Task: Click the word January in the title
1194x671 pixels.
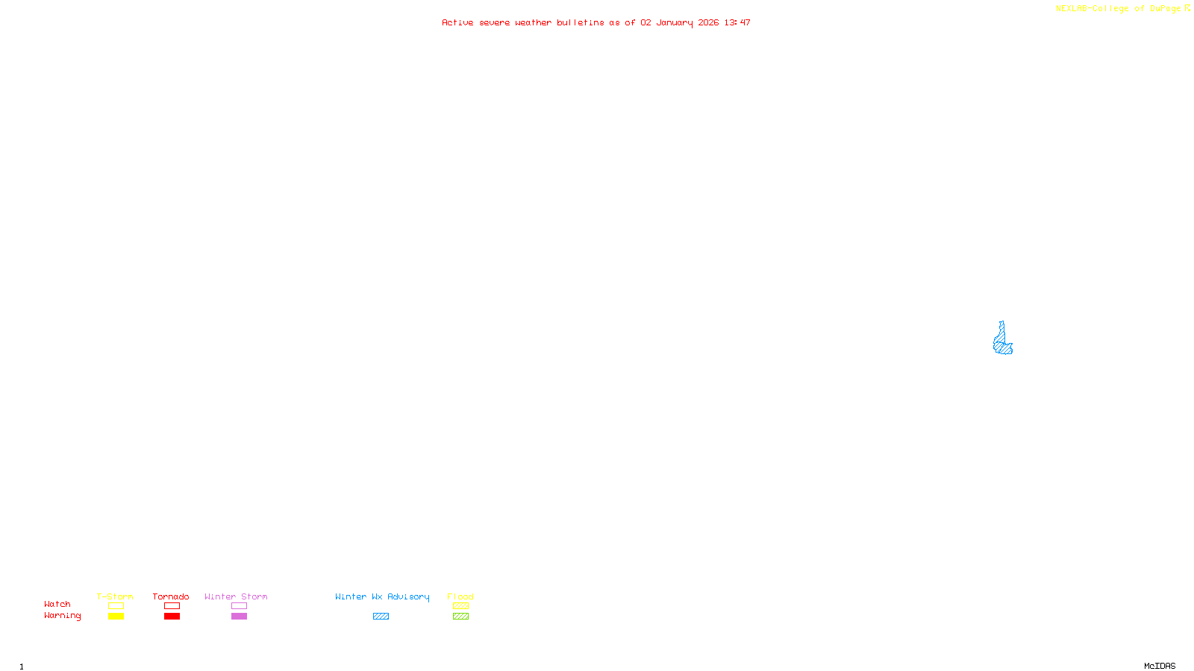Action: pos(674,22)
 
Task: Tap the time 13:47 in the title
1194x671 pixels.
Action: pos(737,22)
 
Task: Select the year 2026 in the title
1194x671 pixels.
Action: pos(709,22)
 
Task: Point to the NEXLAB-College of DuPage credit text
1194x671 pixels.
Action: pos(1118,8)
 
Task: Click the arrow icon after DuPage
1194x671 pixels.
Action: pos(1187,8)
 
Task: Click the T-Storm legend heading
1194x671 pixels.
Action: pos(115,596)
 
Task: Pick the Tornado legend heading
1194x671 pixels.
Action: pos(171,596)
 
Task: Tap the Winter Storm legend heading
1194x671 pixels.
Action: pos(236,596)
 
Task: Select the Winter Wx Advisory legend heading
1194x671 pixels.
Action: pos(382,596)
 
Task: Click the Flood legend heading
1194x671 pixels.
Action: pos(460,596)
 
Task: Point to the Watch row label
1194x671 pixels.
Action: pos(57,604)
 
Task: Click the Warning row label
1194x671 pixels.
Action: pos(62,616)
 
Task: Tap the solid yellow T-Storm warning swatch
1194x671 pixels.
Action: pos(116,617)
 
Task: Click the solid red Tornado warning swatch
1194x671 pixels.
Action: pos(172,617)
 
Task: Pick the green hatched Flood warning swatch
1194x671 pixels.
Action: pos(460,617)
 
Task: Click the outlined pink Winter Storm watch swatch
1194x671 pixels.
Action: pos(239,606)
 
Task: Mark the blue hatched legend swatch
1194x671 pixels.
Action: pos(381,617)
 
